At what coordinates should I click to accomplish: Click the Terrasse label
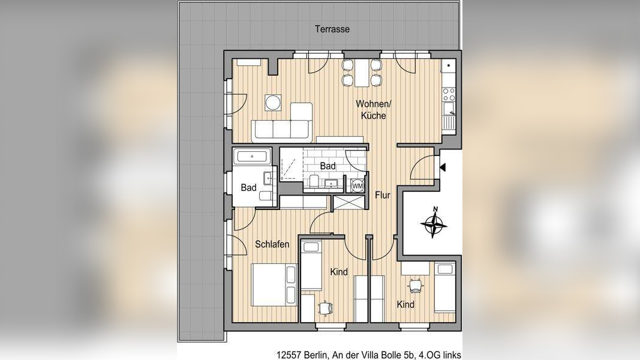(332, 29)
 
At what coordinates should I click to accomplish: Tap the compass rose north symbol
(434, 223)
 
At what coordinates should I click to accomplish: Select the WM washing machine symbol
(357, 185)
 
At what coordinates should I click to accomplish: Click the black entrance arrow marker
(443, 167)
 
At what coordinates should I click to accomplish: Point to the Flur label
(383, 195)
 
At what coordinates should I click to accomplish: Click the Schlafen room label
(272, 244)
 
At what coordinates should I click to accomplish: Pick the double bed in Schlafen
(274, 285)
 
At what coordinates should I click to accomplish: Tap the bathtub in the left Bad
(252, 157)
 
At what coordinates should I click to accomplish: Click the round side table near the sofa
(273, 103)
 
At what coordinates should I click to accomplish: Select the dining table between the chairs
(362, 73)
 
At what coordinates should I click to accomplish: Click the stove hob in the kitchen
(449, 94)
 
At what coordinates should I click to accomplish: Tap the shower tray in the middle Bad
(291, 164)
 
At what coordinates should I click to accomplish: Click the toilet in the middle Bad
(314, 181)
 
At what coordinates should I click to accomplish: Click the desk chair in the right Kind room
(416, 284)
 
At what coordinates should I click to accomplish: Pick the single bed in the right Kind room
(444, 287)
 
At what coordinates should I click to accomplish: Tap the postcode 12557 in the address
(289, 355)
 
